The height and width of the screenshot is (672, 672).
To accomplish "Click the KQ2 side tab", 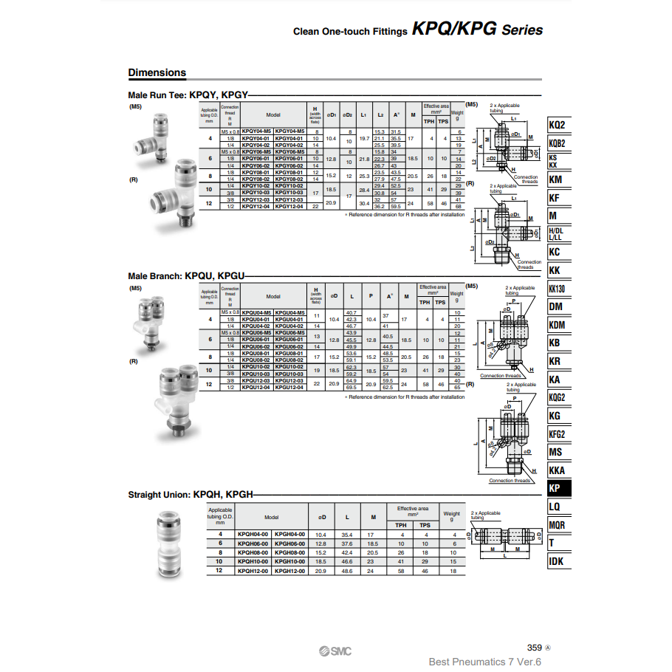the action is pos(558,125).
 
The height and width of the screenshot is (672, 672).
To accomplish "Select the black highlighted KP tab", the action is pos(558,488).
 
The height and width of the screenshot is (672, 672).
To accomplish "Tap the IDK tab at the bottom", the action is pos(558,561).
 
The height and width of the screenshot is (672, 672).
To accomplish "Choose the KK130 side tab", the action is pos(558,289).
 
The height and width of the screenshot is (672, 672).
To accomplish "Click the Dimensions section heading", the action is pos(157,72).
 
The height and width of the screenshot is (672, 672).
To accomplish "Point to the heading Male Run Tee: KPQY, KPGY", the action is pos(188,95).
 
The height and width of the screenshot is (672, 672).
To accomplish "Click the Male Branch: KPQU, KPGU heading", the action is pos(185,275).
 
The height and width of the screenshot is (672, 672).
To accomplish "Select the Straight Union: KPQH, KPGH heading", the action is pos(191,494).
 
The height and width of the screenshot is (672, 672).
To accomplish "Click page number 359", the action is pos(535,648).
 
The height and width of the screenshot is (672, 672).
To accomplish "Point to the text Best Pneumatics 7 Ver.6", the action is pos(485,662).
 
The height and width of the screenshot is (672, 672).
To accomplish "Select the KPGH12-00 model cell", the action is pos(289,571).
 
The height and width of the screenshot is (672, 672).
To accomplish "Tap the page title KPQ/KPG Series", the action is pos(477,30).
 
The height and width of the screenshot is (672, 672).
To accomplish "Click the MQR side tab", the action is pos(558,525).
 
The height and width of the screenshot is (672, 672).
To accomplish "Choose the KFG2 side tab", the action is pos(558,434).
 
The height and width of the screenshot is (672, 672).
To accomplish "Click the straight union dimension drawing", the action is pos(505,539).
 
